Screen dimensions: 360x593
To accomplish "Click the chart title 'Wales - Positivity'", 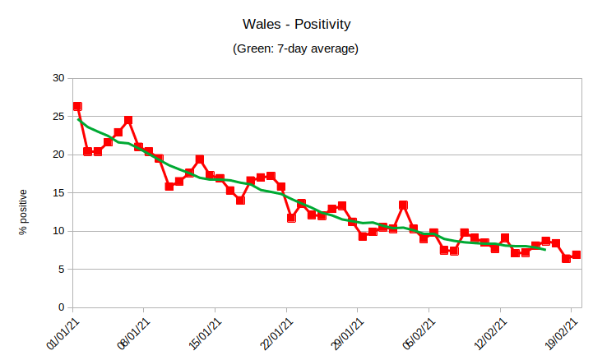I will pos(296,25).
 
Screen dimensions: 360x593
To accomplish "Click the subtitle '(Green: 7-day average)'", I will pos(296,49).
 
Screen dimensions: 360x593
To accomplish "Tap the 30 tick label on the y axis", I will pos(58,78).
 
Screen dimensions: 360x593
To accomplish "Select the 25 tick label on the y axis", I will pos(58,117).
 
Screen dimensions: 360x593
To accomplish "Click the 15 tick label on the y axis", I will pos(58,193).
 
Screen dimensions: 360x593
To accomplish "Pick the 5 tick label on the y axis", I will pos(60,270).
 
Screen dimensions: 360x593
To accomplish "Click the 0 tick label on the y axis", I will pos(60,307).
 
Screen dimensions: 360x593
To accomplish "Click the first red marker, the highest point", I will pos(77,106).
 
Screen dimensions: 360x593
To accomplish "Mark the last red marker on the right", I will pos(577,255).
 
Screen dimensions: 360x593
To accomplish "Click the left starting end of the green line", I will pos(78,119).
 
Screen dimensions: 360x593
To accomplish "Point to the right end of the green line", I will pos(545,249).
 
